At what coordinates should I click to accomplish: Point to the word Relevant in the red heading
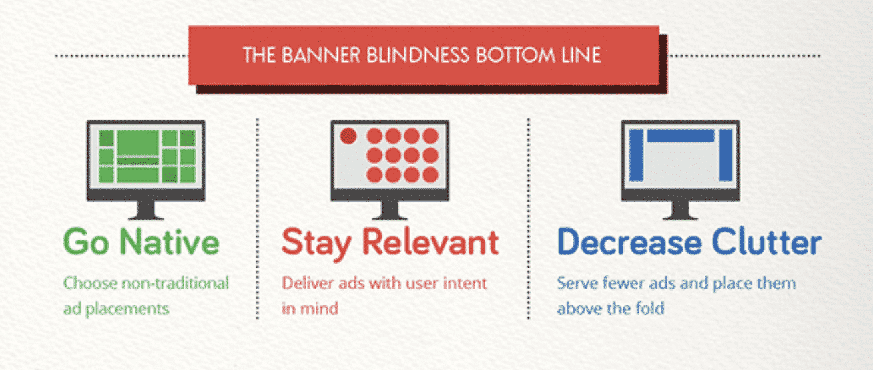pyautogui.click(x=430, y=242)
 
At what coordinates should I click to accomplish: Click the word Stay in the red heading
pyautogui.click(x=316, y=244)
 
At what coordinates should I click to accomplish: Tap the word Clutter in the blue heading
pyautogui.click(x=767, y=242)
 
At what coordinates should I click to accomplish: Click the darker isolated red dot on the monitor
pyautogui.click(x=348, y=136)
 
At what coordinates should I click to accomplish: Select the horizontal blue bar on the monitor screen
pyautogui.click(x=681, y=136)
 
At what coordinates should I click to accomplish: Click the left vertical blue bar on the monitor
pyautogui.click(x=636, y=155)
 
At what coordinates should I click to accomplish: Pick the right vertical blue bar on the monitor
pyautogui.click(x=725, y=155)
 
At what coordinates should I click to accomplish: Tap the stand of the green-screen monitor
pyautogui.click(x=145, y=210)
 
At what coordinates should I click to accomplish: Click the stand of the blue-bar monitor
pyautogui.click(x=680, y=210)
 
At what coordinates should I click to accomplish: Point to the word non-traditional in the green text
pyautogui.click(x=175, y=283)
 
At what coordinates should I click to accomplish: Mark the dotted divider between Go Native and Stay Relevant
pyautogui.click(x=257, y=218)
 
